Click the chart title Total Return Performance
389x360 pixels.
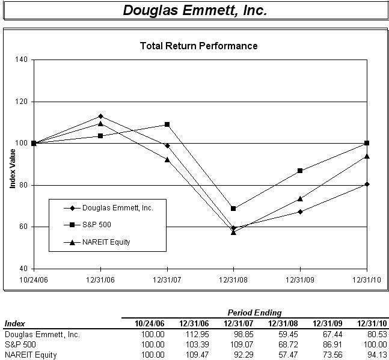click(198, 46)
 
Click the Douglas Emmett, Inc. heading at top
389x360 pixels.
click(195, 11)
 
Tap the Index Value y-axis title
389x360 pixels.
click(12, 164)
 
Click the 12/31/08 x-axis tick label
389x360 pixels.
click(233, 279)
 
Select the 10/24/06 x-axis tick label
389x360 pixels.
click(34, 279)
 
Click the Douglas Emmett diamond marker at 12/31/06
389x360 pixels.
click(100, 116)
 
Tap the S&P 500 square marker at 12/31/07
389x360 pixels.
click(167, 124)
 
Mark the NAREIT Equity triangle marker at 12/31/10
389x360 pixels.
click(367, 156)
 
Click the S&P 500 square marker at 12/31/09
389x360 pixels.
click(300, 171)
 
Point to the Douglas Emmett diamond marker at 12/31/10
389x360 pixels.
click(367, 184)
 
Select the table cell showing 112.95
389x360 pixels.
click(197, 335)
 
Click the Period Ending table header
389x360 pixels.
click(254, 313)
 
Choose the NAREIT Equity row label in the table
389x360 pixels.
click(30, 355)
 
